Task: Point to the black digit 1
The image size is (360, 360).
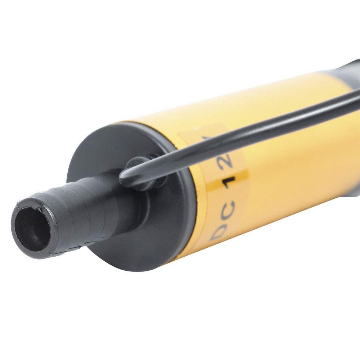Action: (x=229, y=183)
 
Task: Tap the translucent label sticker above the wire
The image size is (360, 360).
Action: (x=202, y=133)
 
